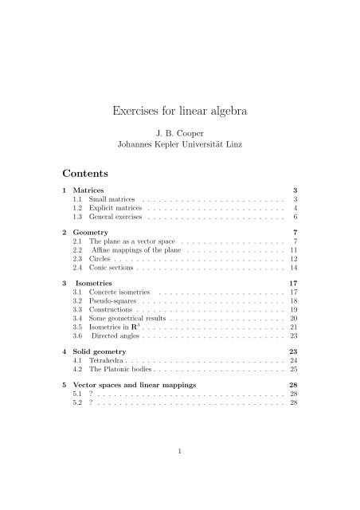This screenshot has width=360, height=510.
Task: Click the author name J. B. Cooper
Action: tap(180, 133)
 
